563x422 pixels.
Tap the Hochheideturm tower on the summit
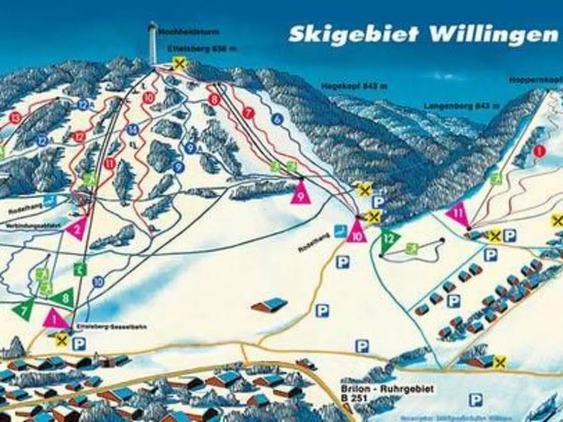pyautogui.click(x=152, y=43)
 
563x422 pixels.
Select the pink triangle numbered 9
pyautogui.click(x=300, y=193)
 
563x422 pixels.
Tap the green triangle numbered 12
pyautogui.click(x=389, y=239)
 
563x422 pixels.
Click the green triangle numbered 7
pyautogui.click(x=23, y=309)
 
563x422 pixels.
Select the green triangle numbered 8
pyautogui.click(x=64, y=297)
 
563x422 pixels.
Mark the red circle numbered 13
pyautogui.click(x=16, y=118)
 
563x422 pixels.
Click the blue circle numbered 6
pyautogui.click(x=277, y=119)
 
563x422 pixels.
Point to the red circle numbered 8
pyautogui.click(x=214, y=99)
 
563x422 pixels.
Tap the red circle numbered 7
pyautogui.click(x=248, y=113)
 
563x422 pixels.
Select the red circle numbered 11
pyautogui.click(x=110, y=164)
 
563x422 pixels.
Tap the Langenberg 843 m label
pyautogui.click(x=454, y=106)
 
